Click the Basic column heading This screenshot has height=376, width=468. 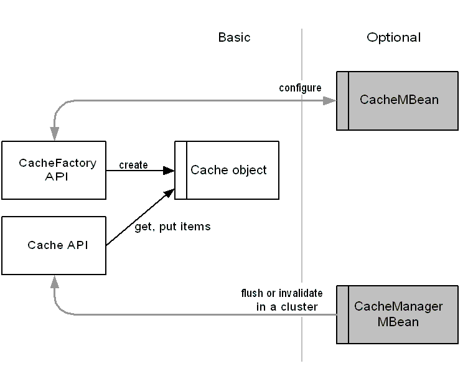coord(234,37)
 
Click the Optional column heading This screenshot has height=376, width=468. coord(393,37)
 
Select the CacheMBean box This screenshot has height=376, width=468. coord(399,100)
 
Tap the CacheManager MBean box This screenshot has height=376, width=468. coord(398,314)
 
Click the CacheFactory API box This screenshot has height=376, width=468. coord(54,170)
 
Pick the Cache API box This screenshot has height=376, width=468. coord(54,245)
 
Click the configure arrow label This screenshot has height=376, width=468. coord(300,88)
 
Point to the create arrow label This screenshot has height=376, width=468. coord(133,165)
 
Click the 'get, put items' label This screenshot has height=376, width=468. coord(172,227)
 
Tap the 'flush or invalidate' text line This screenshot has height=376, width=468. coord(282,293)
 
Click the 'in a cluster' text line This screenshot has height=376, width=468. coord(287,307)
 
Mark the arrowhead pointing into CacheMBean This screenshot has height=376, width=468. coord(329,100)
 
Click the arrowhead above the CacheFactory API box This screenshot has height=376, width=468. coord(55,133)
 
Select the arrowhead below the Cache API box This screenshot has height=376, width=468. coord(55,283)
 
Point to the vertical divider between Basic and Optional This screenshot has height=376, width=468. coord(302,187)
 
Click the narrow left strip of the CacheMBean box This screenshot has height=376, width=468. coord(342,100)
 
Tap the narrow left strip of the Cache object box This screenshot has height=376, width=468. coord(180,170)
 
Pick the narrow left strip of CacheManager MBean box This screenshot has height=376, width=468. coord(342,314)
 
